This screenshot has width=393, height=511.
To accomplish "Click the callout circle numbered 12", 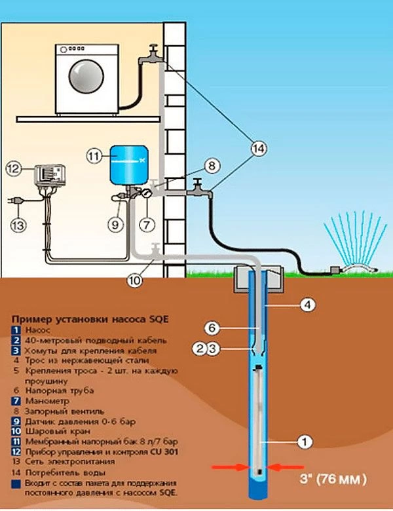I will [14, 168].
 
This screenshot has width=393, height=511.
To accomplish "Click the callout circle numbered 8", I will [210, 166].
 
